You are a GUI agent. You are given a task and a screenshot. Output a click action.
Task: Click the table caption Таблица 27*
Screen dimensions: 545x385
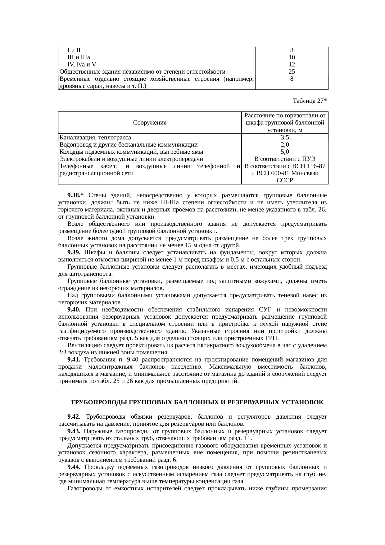[x=310, y=101]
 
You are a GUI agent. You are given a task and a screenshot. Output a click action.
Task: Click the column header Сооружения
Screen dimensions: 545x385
[x=150, y=123]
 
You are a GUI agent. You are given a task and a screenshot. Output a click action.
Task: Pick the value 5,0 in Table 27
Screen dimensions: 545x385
[x=285, y=152]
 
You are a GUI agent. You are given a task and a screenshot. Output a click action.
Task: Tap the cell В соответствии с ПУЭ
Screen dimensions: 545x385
[x=285, y=159]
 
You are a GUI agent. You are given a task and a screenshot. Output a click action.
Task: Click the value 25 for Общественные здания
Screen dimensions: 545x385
[x=292, y=72]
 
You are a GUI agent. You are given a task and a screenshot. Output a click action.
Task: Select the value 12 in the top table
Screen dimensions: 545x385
[x=292, y=65]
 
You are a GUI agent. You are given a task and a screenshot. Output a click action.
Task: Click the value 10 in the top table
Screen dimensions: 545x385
[x=292, y=57]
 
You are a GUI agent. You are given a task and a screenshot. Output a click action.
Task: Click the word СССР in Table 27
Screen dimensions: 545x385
[x=285, y=180]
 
